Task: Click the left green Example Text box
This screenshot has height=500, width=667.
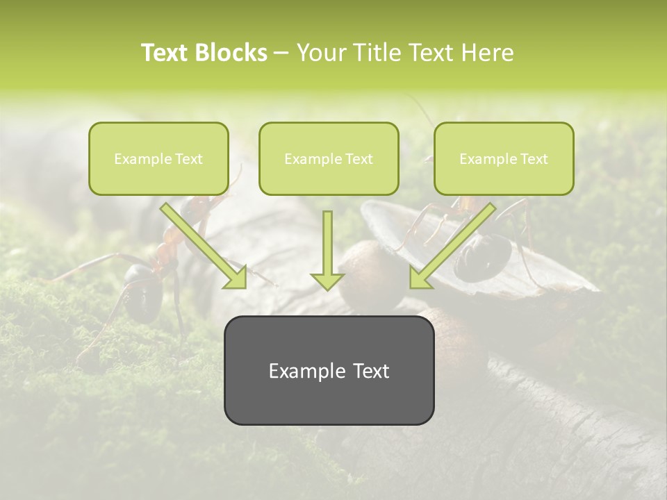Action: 158,159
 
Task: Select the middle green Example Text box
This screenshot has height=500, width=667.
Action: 329,159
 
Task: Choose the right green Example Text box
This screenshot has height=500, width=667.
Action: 504,159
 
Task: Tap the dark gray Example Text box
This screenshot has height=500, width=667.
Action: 329,370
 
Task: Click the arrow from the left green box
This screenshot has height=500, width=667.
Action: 201,243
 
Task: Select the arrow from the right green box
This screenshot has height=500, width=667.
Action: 455,243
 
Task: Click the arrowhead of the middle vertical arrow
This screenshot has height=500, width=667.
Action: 327,280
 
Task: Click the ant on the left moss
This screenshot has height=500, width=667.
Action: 149,285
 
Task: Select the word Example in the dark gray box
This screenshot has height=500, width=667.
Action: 299,371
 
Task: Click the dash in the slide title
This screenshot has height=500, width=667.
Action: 281,53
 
